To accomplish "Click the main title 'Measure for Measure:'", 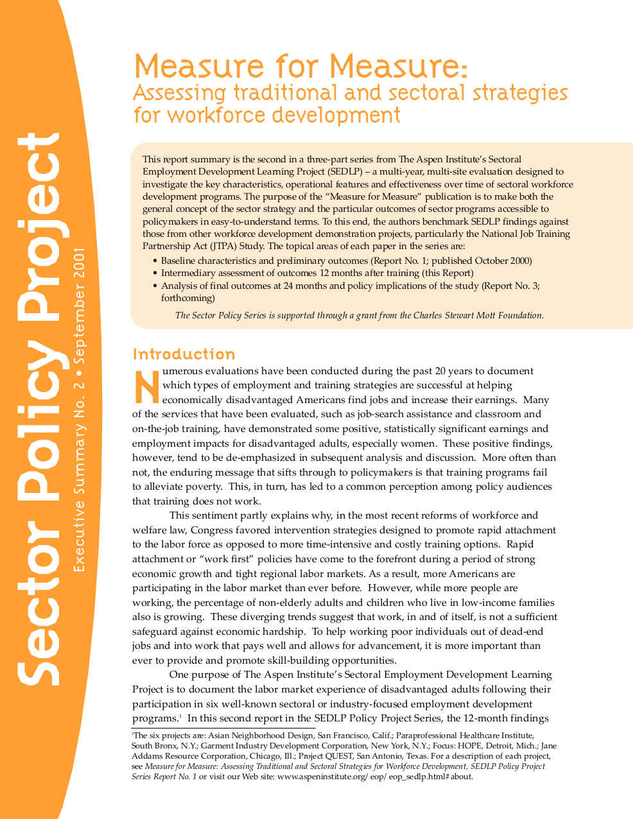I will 300,66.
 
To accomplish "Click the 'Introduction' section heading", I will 184,354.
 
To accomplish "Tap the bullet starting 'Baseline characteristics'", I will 346,261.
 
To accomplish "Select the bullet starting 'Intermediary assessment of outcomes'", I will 317,273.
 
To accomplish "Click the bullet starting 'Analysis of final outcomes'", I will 350,286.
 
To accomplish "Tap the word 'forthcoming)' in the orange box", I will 187,298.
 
